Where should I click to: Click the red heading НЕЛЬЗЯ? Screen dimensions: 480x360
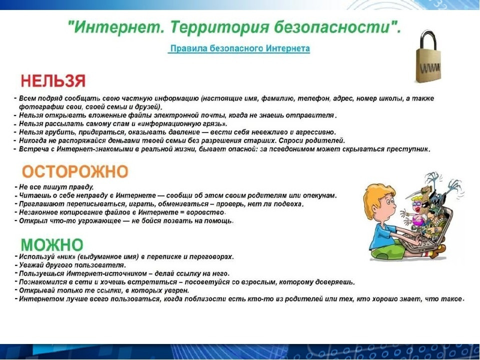click(x=53, y=81)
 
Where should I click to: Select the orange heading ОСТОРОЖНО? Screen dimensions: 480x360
click(x=75, y=171)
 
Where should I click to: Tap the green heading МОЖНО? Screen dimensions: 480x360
click(x=52, y=244)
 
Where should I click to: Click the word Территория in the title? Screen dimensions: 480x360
click(x=219, y=27)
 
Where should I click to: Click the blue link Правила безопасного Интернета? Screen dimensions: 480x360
click(x=240, y=48)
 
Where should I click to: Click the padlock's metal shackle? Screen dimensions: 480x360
click(x=429, y=39)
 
